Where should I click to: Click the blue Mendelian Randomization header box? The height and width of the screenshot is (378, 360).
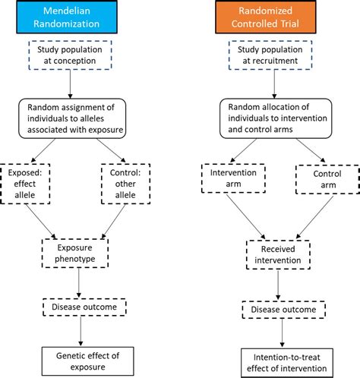pos(71,18)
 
